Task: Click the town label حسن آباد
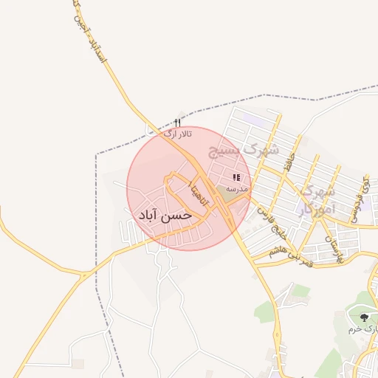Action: (x=165, y=215)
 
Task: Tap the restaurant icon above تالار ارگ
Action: (x=177, y=123)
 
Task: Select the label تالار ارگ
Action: (x=177, y=134)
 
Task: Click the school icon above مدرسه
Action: (x=236, y=178)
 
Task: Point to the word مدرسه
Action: (x=236, y=189)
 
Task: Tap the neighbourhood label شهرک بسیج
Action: (x=244, y=150)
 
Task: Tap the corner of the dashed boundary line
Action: (x=97, y=154)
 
